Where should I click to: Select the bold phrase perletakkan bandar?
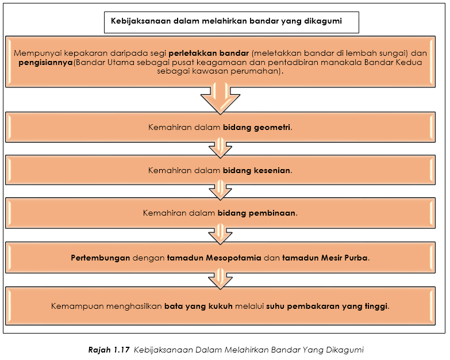coord(209,53)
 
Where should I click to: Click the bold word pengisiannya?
coord(45,63)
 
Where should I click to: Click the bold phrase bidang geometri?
coord(256,128)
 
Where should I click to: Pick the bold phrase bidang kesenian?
coord(256,171)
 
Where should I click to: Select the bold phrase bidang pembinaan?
coord(256,213)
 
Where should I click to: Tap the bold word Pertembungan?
coord(101,258)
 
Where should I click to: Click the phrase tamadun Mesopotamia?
coord(214,258)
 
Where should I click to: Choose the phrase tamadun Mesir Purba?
coord(325,258)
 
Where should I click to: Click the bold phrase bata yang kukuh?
coord(198,307)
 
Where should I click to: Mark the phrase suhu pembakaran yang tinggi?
coord(327,307)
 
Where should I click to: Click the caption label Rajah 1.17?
coord(109,350)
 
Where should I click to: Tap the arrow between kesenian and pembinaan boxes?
coord(220,190)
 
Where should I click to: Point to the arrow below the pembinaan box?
coord(220,235)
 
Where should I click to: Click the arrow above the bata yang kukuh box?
coord(220,279)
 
